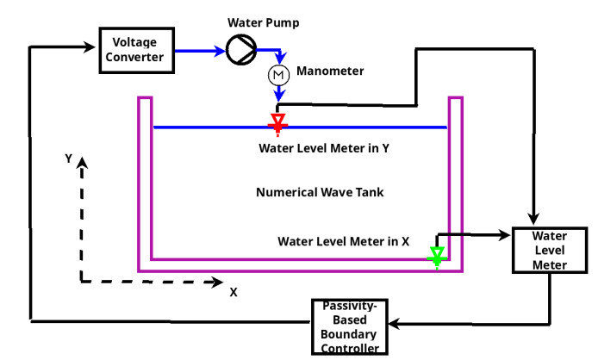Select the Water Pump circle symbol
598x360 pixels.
click(x=240, y=51)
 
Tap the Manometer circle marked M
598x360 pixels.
click(x=278, y=75)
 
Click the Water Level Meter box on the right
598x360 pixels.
click(x=549, y=250)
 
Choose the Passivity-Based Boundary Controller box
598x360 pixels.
click(x=350, y=326)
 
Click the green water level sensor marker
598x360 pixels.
click(x=437, y=256)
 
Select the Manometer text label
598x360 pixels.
click(x=330, y=71)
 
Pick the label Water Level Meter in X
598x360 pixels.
click(x=343, y=241)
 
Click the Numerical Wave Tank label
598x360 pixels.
click(x=319, y=192)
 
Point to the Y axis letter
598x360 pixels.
click(x=67, y=158)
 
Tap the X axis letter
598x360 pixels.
click(x=233, y=292)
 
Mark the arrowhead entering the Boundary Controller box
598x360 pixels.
click(x=393, y=323)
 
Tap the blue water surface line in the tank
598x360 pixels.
click(x=362, y=127)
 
